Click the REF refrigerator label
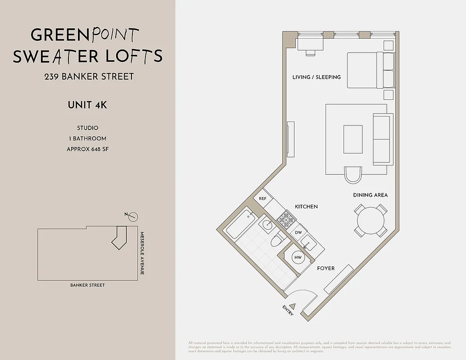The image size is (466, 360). tap(262, 198)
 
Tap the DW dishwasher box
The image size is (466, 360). tap(298, 233)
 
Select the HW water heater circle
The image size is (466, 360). tap(298, 257)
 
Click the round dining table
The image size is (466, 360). tap(371, 220)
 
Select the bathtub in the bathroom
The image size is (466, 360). tap(239, 224)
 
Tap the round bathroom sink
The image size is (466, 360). tap(267, 224)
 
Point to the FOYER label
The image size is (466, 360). tap(326, 268)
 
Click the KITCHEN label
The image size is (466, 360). tap(306, 207)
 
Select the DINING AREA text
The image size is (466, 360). tap(370, 195)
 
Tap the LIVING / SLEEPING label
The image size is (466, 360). tap(317, 77)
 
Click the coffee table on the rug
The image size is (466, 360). tap(353, 139)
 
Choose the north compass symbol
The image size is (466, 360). tap(132, 217)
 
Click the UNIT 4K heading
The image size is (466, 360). tap(87, 105)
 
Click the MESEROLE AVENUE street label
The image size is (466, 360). tap(141, 253)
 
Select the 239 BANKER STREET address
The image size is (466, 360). tap(89, 76)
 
